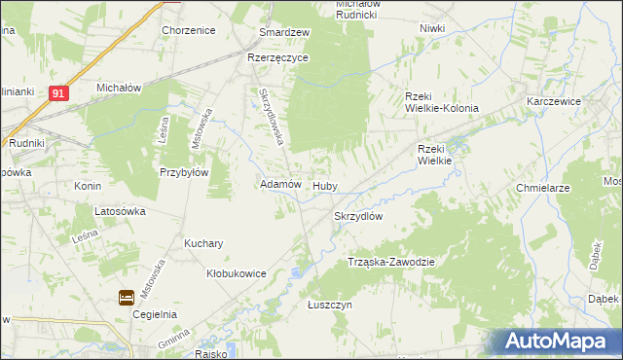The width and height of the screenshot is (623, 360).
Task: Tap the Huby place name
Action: tap(324, 184)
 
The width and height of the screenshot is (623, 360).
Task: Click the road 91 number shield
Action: tap(60, 92)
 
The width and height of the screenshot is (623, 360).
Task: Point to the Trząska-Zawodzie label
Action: tap(390, 263)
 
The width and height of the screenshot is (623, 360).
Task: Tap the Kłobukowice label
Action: tap(237, 274)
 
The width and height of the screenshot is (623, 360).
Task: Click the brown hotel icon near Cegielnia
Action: tap(128, 298)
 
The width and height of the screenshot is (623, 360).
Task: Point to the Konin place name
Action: tap(89, 185)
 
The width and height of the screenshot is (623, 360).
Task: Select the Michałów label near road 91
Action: tap(120, 88)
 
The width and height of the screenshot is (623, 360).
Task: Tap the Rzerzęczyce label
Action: tap(277, 57)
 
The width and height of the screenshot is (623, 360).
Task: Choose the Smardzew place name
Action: tap(283, 32)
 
